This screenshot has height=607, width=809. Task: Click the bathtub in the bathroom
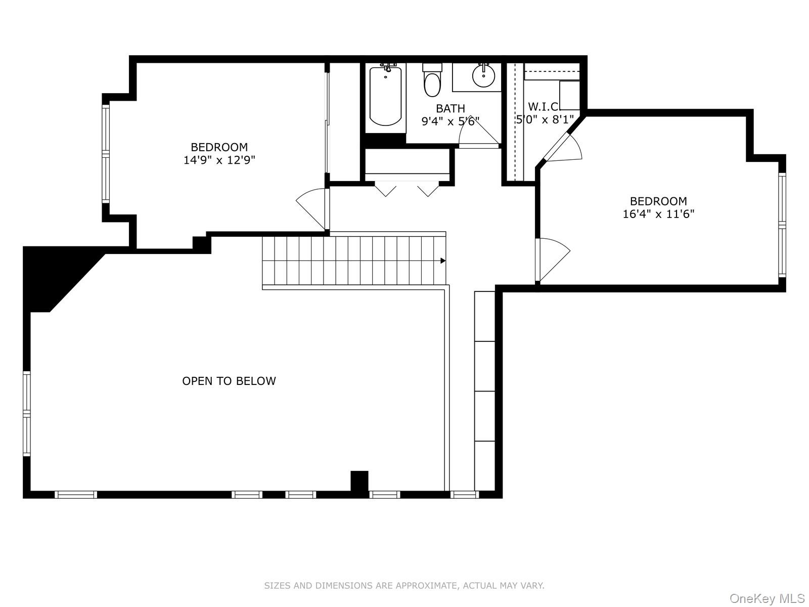pos(385,96)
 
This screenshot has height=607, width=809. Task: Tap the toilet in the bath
pos(432,83)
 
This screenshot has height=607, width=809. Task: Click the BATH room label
pos(450,108)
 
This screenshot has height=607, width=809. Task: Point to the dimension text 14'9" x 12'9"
pos(219,160)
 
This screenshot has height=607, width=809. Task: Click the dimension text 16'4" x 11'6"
pos(658,214)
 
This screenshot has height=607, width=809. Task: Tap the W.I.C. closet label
pos(544,107)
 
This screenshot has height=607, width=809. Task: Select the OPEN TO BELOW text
pos(229,381)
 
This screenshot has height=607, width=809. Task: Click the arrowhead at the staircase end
pos(443,261)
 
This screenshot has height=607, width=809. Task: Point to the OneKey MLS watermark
pos(767,599)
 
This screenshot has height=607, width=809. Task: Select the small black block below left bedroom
pos(201,244)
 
